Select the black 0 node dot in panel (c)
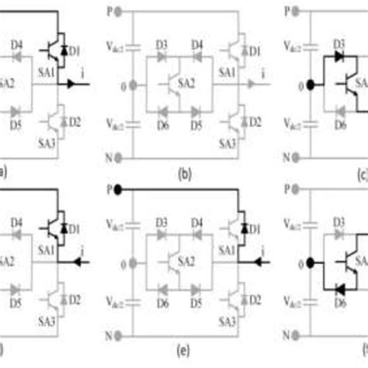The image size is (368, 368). point(310,85)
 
